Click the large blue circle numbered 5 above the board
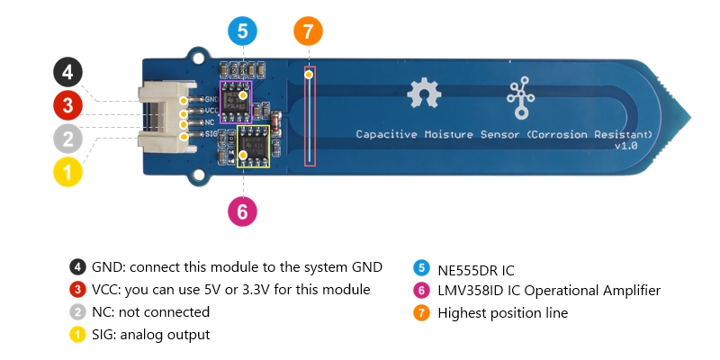pos(242,32)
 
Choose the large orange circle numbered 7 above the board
pos(308,32)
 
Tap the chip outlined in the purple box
pos(236,94)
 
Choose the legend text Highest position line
pos(502,313)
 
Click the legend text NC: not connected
pos(150,312)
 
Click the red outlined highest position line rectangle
pos(310,116)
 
